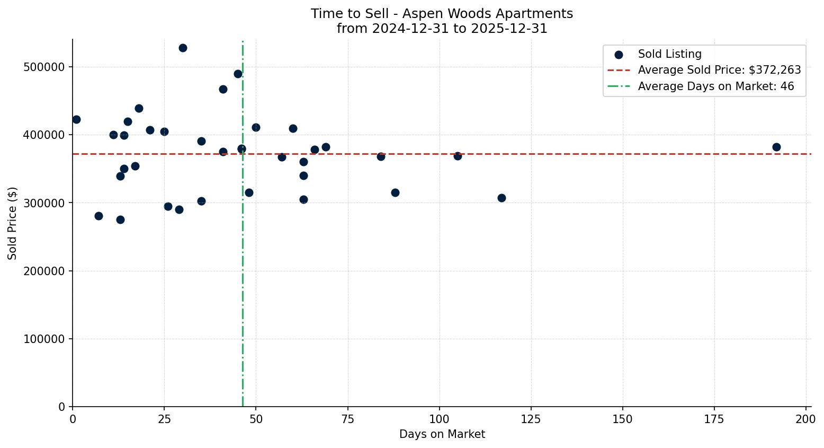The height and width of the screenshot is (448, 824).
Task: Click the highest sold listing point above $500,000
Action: point(183,48)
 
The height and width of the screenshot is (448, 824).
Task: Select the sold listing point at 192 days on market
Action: point(776,147)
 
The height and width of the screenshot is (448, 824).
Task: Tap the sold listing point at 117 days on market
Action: point(501,198)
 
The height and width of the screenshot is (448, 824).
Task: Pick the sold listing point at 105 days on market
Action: point(458,156)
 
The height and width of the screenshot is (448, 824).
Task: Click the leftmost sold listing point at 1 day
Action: point(76,119)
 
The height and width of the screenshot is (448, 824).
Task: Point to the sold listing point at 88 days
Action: point(395,192)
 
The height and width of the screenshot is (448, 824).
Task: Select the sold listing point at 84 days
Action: point(381,156)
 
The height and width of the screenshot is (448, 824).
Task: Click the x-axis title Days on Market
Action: point(442,434)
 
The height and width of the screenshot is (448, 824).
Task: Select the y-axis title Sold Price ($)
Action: point(12,223)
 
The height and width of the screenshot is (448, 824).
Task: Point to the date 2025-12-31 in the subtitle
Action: point(513,29)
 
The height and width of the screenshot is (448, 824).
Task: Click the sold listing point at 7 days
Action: point(98,216)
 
